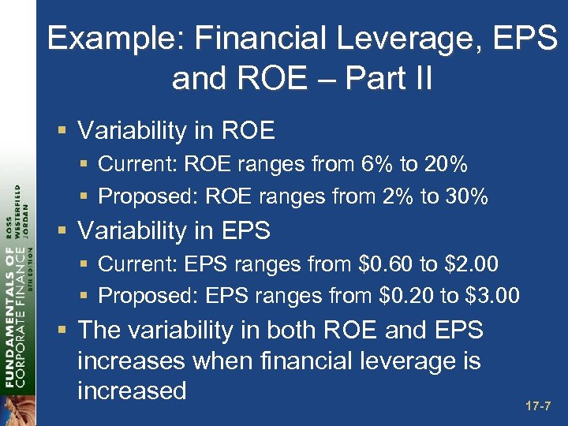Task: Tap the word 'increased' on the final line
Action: click(x=132, y=390)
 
